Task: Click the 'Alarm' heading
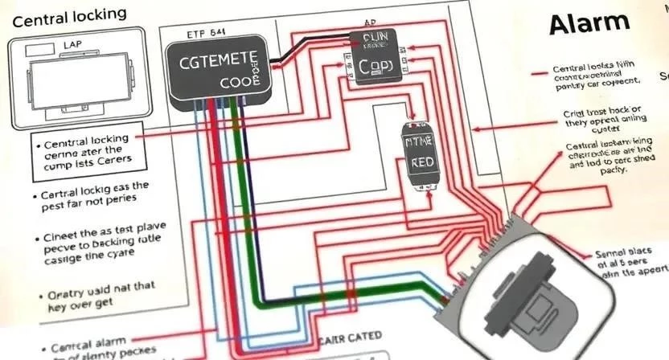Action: [x=588, y=24]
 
